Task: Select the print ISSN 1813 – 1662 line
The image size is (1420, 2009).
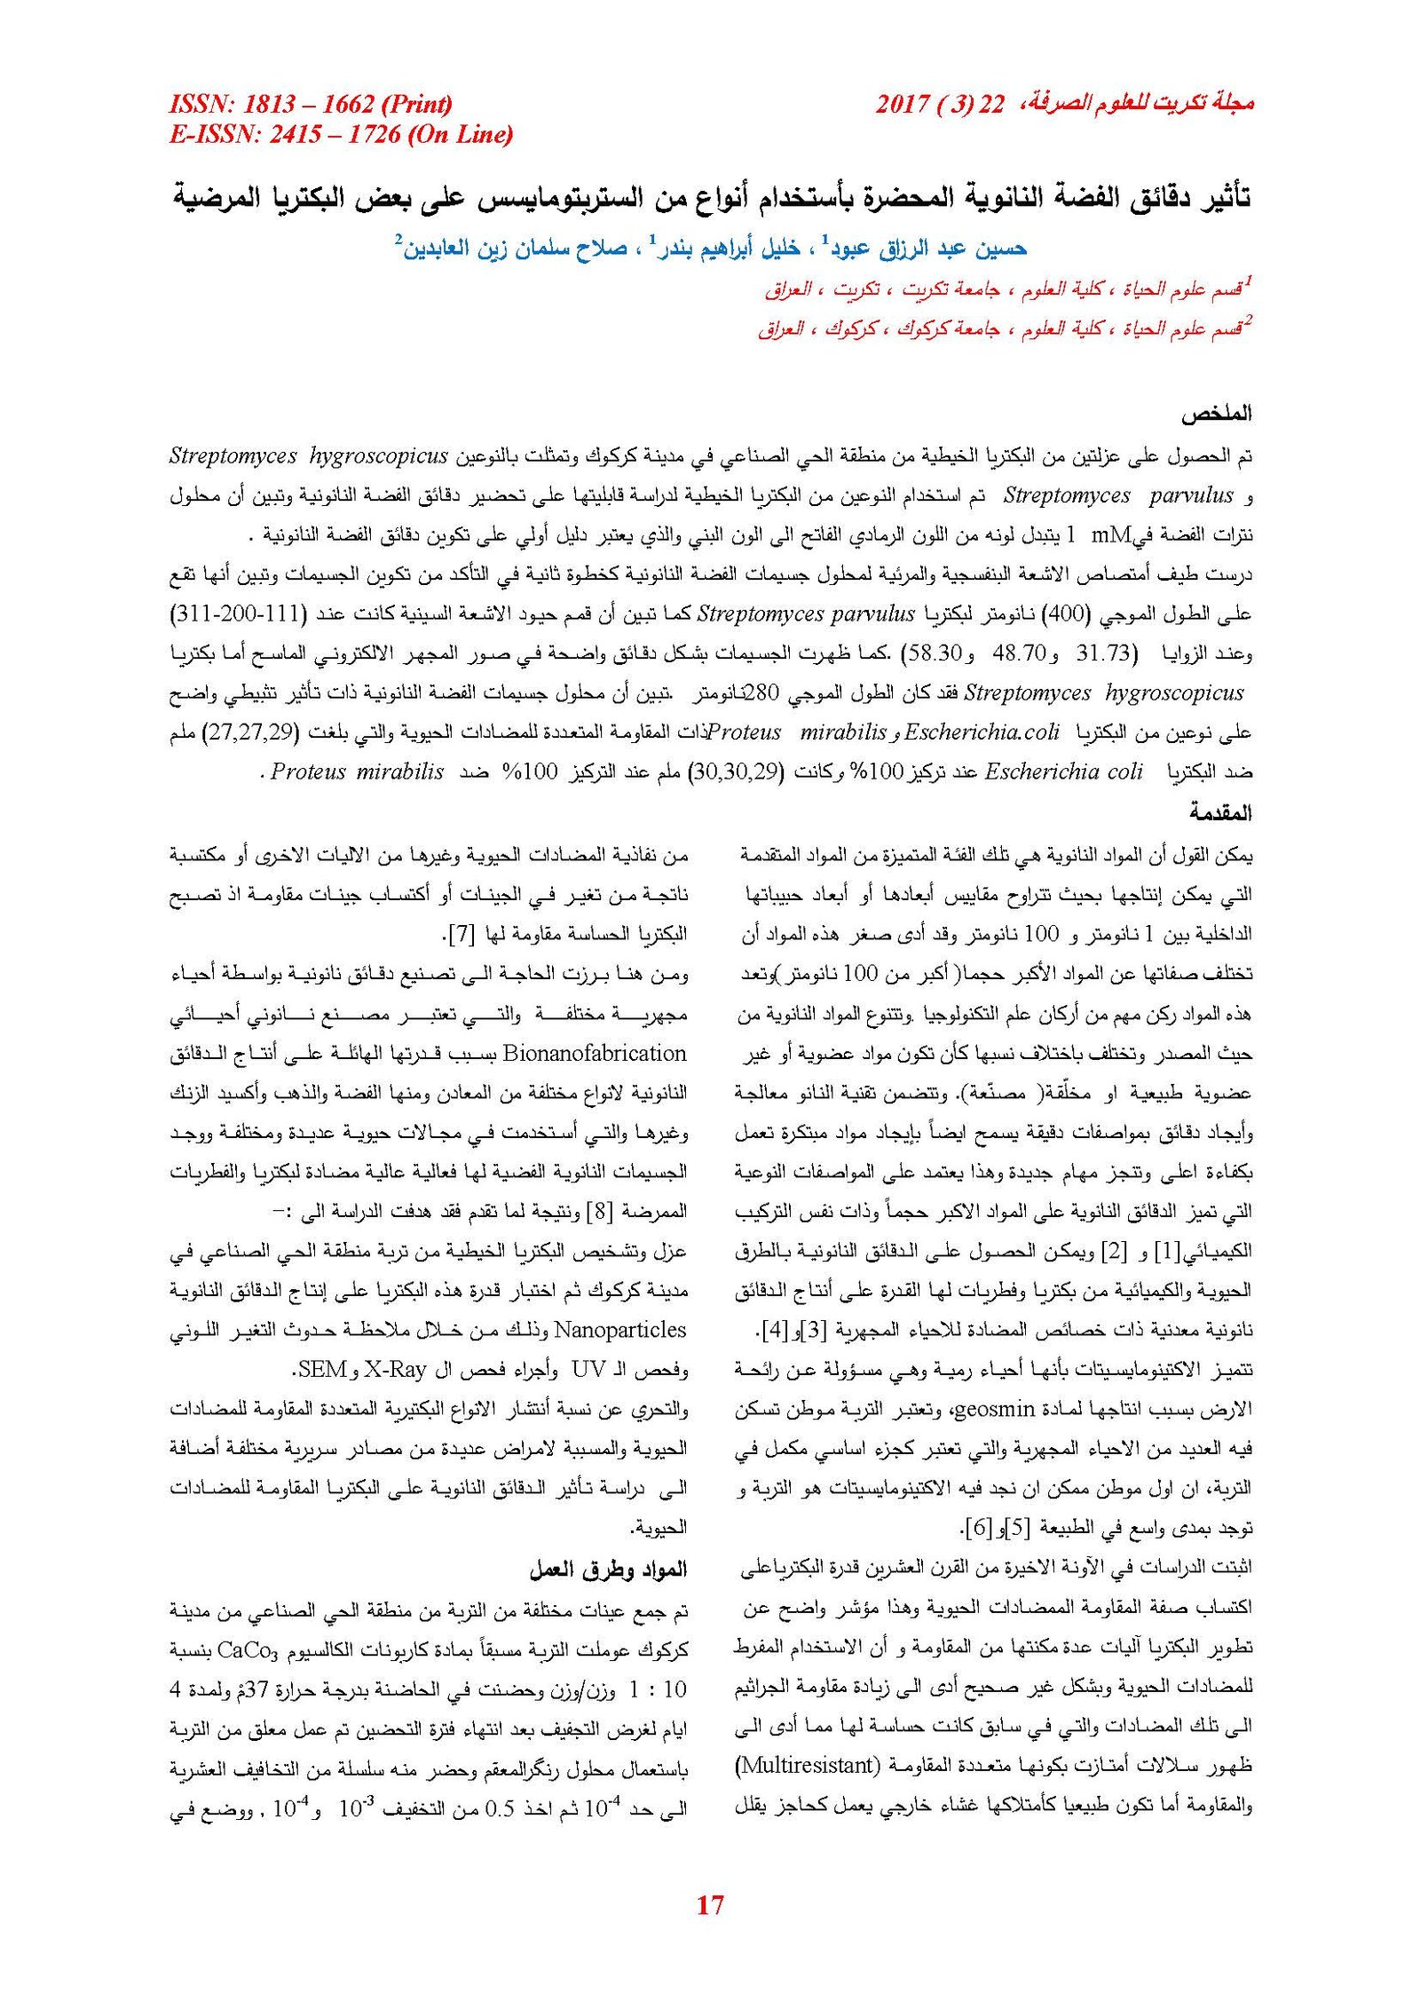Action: tap(310, 105)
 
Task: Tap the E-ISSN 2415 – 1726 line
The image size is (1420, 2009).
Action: tap(341, 134)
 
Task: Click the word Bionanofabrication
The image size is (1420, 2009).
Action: tap(595, 1054)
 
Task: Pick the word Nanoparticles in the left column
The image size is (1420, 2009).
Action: tap(620, 1330)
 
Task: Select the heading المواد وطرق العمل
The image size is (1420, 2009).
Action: tap(609, 1570)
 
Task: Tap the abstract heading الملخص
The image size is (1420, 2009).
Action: tap(1216, 414)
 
